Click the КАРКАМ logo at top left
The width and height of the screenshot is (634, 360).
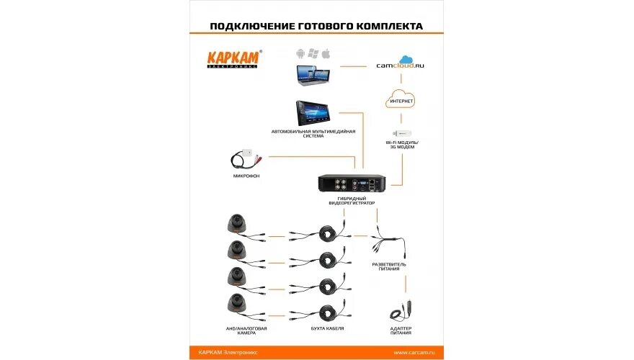tap(234, 58)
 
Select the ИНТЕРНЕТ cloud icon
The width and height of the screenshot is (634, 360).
tap(401, 100)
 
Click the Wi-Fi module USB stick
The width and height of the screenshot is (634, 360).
tap(401, 135)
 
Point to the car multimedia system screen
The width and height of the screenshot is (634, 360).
tap(315, 114)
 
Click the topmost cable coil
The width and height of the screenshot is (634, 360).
tap(332, 233)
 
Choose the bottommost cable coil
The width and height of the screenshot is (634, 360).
tap(332, 313)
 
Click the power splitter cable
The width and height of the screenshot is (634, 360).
tap(388, 245)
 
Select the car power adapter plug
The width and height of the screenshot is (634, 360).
tap(399, 311)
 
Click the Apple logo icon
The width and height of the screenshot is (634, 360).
tap(326, 53)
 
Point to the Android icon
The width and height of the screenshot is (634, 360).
tap(301, 53)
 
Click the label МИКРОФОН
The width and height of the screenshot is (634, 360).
tap(246, 176)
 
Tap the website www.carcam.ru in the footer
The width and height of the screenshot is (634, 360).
tap(419, 352)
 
